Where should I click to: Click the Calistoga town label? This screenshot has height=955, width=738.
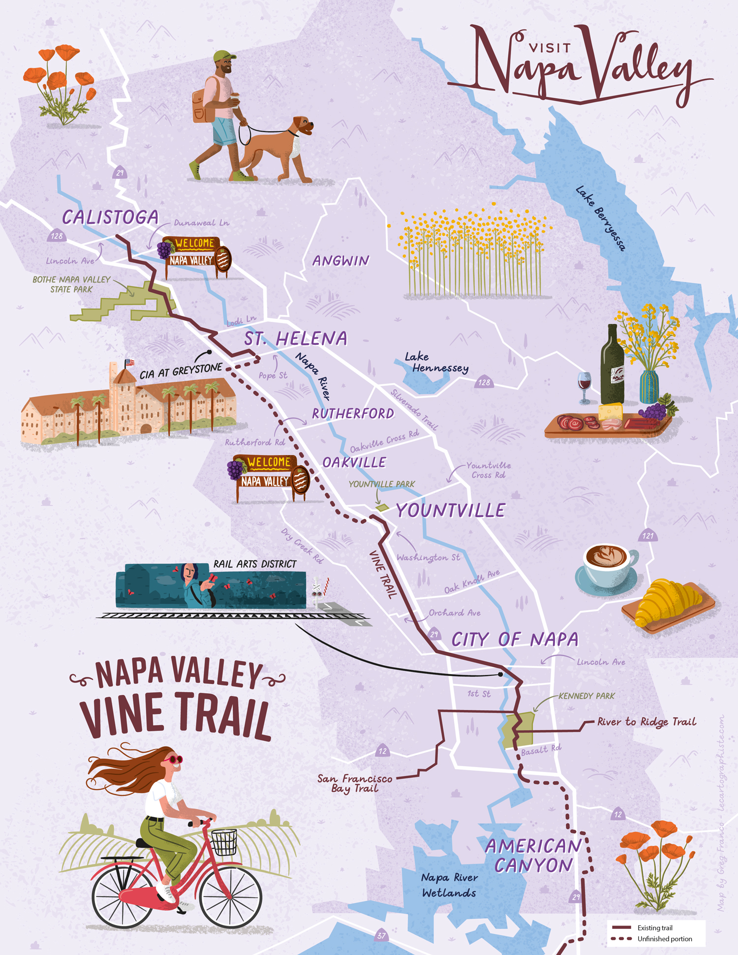coord(110,217)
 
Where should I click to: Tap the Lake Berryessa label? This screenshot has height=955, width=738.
coord(601,218)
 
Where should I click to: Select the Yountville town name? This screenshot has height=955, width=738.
coord(451,510)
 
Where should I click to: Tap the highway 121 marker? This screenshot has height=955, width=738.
coord(648,535)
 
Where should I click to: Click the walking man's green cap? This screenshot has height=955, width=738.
coord(224,56)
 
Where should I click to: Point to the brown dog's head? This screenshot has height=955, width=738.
coord(303,125)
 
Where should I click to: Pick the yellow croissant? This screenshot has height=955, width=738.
coord(668,602)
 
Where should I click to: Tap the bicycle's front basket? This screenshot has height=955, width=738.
coord(224,842)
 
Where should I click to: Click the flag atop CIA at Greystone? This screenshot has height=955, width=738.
coord(129,363)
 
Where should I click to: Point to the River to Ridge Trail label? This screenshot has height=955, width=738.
coord(646,722)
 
